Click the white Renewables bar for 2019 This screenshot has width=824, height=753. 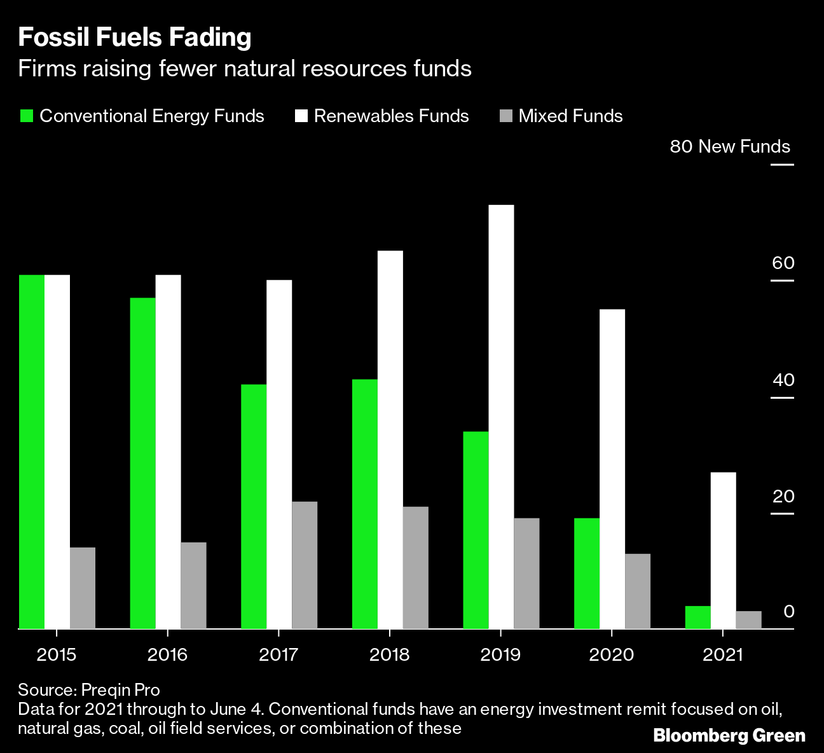(x=501, y=417)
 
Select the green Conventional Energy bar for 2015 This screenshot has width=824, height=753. (x=32, y=452)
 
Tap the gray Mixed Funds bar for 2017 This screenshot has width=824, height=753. (x=305, y=565)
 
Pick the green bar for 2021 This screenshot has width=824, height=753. (x=697, y=617)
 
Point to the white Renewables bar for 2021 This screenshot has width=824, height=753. (x=723, y=550)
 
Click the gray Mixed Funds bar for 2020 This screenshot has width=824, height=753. (x=638, y=591)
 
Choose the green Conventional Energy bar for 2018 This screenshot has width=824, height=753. (x=364, y=504)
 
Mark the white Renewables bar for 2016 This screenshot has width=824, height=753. (x=168, y=452)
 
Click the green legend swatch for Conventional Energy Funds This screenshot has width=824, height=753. (x=27, y=116)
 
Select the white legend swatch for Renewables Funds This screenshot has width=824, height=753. (x=301, y=116)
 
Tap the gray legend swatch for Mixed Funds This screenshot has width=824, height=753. (x=506, y=116)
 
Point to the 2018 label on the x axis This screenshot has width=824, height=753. (x=389, y=654)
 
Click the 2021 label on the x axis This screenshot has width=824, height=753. (x=723, y=654)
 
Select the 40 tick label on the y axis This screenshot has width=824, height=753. (x=783, y=380)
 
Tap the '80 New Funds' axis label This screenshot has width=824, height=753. (x=730, y=147)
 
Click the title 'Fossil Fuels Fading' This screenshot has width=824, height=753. (x=135, y=38)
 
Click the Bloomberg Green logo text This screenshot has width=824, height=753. (x=729, y=736)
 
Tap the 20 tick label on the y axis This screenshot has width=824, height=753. (x=783, y=496)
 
